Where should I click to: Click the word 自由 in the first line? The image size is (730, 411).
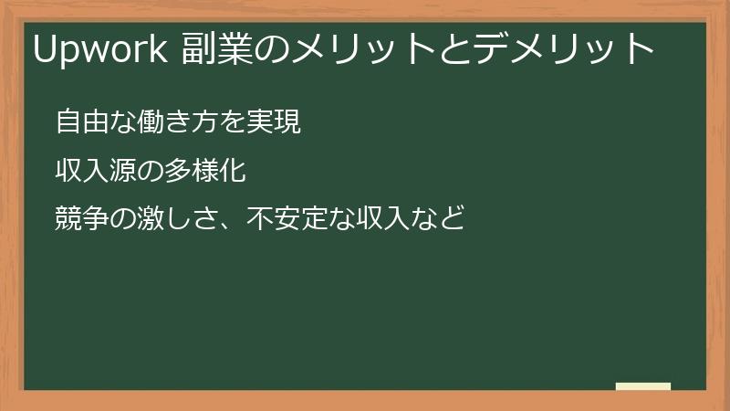tap(79, 121)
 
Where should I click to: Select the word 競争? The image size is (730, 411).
tap(79, 219)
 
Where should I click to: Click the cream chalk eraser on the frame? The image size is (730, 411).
tap(643, 386)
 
